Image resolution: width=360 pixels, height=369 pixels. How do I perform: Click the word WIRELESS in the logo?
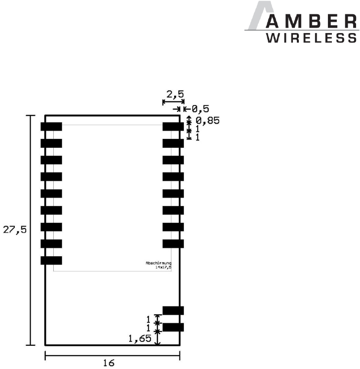(x=312, y=38)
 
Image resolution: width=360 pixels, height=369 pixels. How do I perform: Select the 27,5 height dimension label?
(x=14, y=230)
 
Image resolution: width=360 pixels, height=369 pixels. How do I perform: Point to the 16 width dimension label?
(x=108, y=363)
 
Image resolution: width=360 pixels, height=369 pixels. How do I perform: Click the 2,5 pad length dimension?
(x=175, y=94)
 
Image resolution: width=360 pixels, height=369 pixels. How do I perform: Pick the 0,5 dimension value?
(x=200, y=108)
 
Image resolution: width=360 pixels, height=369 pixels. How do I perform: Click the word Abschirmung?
(x=158, y=263)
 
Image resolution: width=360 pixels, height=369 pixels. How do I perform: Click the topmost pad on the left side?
(x=51, y=127)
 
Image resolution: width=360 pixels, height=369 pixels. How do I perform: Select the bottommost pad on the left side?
(x=51, y=261)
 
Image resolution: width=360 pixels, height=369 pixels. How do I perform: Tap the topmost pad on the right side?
(x=173, y=127)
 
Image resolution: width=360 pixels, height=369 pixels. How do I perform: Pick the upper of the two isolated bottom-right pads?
(x=173, y=310)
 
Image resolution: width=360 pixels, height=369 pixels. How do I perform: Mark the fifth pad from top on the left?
(x=51, y=194)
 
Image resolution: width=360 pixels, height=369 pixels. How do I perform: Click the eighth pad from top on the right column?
(x=173, y=244)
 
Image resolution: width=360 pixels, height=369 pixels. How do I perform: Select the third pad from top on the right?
(x=173, y=160)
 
